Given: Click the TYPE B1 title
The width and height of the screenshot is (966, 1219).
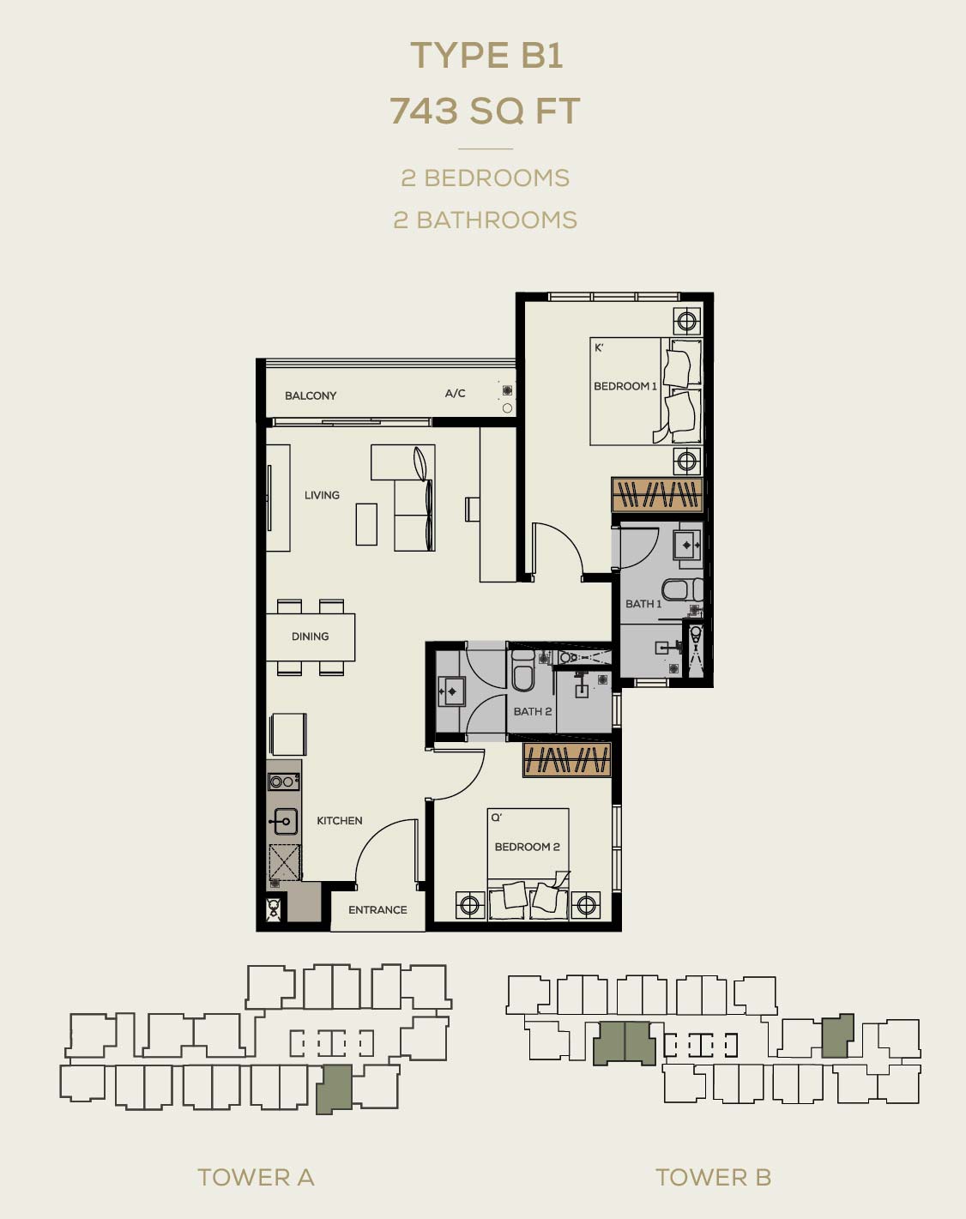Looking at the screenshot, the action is pos(486,56).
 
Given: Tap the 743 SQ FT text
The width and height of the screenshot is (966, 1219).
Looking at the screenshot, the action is pos(485,111).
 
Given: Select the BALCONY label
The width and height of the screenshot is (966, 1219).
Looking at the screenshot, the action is pos(311,395).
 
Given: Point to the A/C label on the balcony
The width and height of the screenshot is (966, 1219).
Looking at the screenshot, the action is pos(455,393).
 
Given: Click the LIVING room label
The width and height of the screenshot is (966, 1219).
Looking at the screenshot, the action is pos(322,495).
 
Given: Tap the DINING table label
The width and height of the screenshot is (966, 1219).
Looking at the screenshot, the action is pos(310,637).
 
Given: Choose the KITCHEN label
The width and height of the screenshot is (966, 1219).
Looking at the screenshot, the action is pos(340,820).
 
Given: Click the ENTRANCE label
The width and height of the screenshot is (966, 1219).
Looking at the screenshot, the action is pos(377,909).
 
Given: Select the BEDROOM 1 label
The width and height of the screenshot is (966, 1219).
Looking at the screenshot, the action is pos(625,386).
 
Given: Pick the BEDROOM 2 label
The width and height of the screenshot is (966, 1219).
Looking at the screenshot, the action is pos(527,847).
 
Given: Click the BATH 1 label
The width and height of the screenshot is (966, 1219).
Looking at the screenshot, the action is pos(643,604).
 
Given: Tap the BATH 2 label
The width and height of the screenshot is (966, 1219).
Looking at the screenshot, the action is pos(532,711).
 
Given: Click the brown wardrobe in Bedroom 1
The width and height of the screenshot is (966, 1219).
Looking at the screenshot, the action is pos(657,494).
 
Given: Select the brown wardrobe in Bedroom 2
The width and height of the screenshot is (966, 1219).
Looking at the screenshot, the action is pos(567,759).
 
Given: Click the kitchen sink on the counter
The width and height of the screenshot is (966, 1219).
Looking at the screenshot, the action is pos(283,821).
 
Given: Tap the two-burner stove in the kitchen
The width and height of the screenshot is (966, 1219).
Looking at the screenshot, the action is pos(283,782).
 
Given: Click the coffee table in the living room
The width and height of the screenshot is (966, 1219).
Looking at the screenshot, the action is pos(366,524).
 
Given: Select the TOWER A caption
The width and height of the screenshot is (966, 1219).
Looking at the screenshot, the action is pos(256,1178).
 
